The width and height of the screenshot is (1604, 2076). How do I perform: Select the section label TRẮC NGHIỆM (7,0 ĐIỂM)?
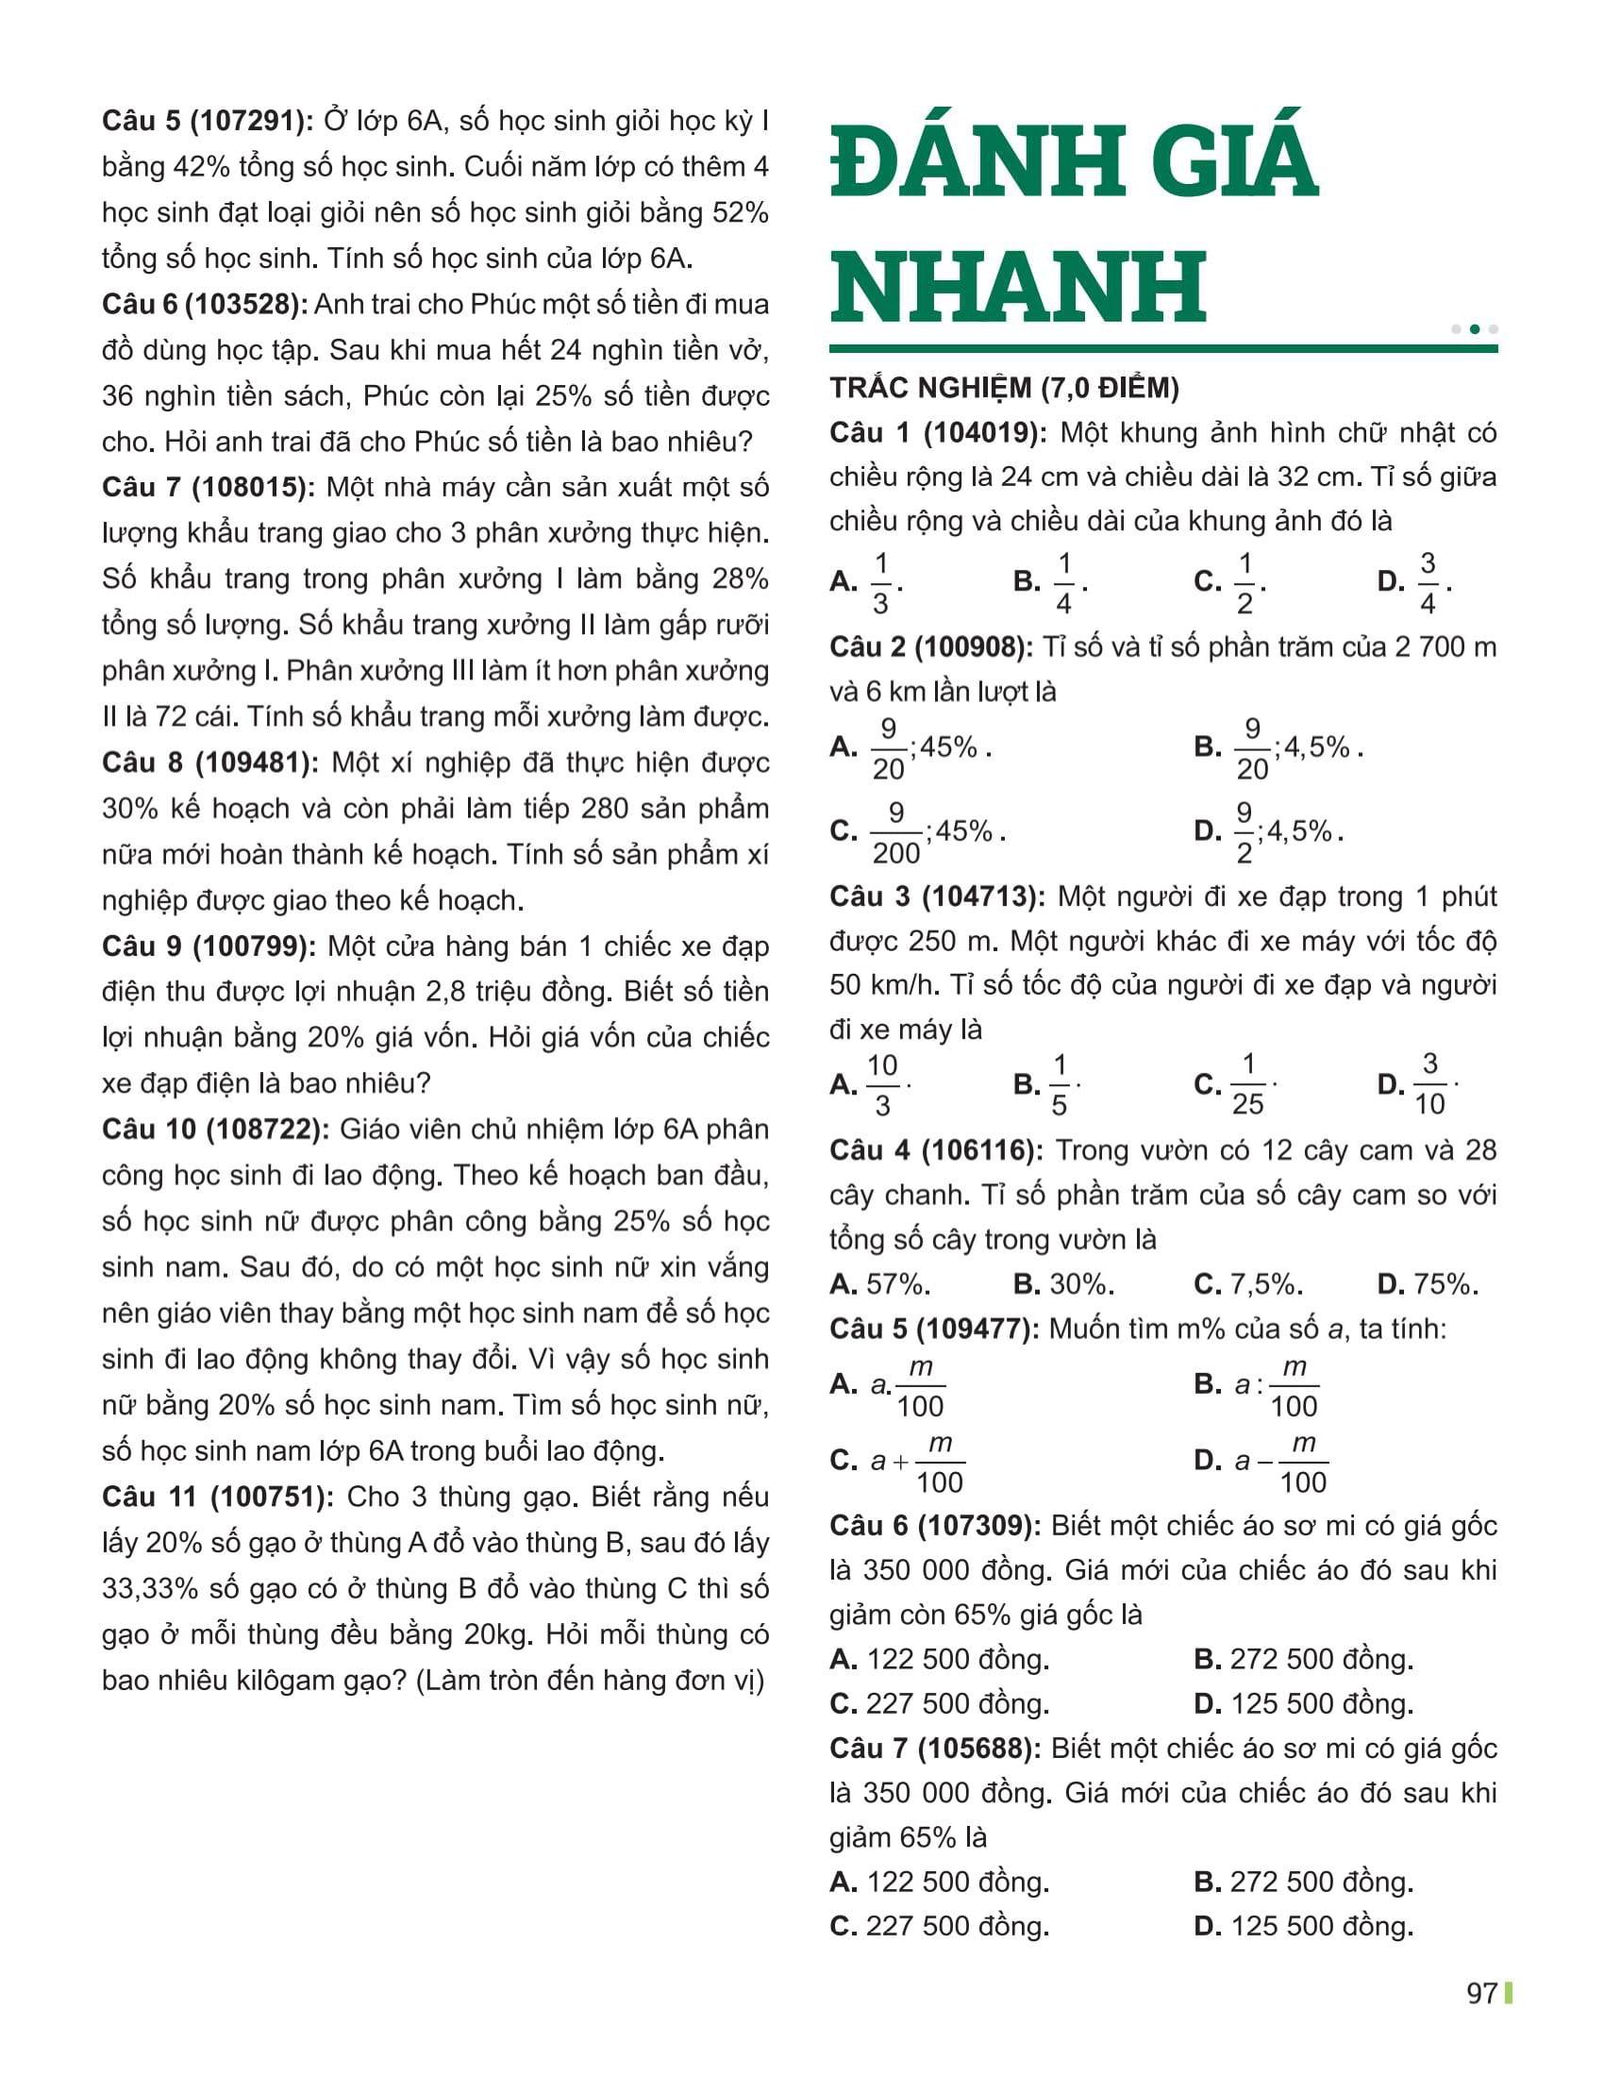point(1004,388)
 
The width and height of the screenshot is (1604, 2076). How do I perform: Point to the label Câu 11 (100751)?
point(218,1497)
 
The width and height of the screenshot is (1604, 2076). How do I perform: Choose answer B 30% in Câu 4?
point(1062,1284)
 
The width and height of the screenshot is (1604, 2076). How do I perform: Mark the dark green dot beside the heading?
point(1475,329)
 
